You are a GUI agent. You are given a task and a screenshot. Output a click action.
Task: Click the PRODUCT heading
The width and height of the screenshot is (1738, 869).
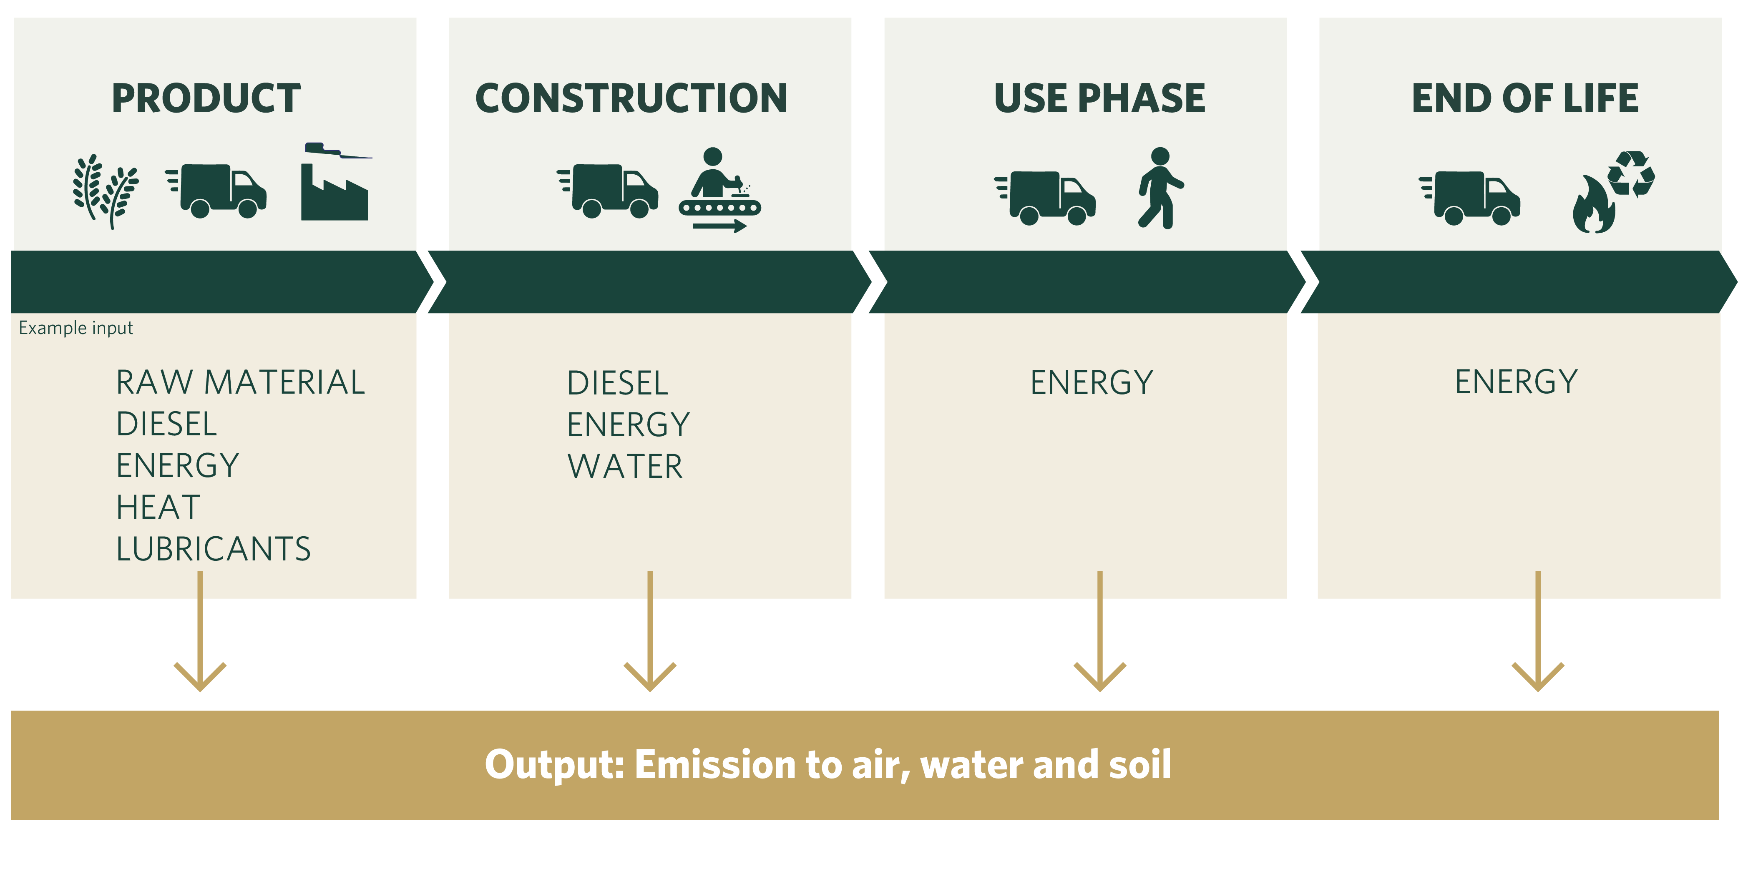206,98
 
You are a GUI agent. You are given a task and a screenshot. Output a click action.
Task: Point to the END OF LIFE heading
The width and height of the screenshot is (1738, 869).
1525,98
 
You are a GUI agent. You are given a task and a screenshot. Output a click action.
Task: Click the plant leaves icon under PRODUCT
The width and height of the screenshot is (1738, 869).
105,191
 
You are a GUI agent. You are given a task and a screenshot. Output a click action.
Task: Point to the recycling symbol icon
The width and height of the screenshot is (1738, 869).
1631,174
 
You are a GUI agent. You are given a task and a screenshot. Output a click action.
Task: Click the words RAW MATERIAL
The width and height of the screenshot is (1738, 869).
240,382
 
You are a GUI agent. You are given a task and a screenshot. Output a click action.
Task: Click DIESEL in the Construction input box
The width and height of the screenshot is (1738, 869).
617,383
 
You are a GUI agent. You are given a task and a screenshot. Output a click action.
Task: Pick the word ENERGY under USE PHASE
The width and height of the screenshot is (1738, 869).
1091,382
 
